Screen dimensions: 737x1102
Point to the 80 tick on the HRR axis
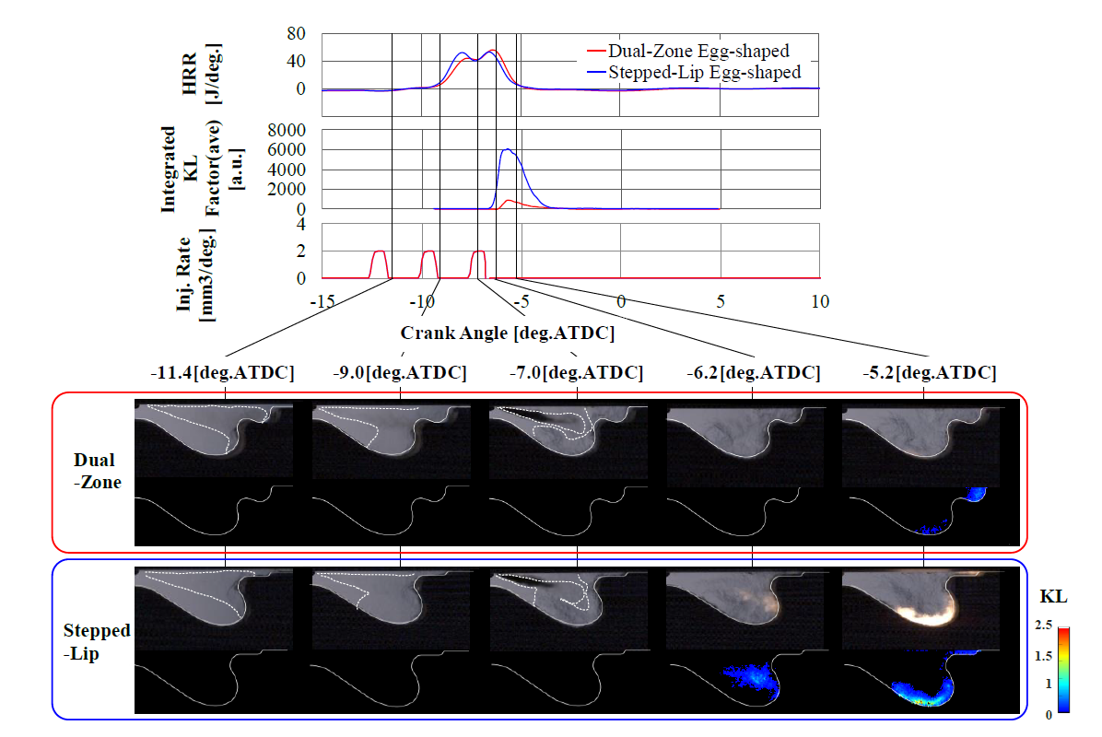tap(297, 34)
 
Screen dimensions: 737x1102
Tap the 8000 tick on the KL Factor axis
tap(286, 131)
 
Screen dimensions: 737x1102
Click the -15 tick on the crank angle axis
tap(322, 301)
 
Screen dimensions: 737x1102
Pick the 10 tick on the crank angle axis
tap(818, 301)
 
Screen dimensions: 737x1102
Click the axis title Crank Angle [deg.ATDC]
tap(508, 331)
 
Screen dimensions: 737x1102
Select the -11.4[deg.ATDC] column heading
tap(222, 373)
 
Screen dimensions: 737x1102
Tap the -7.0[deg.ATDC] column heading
tap(576, 373)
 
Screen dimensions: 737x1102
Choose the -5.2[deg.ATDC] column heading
tap(930, 373)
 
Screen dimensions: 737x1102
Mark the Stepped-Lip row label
tap(97, 641)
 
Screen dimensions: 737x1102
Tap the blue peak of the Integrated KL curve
tap(507, 149)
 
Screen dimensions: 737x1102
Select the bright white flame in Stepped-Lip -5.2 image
tap(921, 620)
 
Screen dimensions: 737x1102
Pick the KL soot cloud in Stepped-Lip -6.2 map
tap(748, 678)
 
